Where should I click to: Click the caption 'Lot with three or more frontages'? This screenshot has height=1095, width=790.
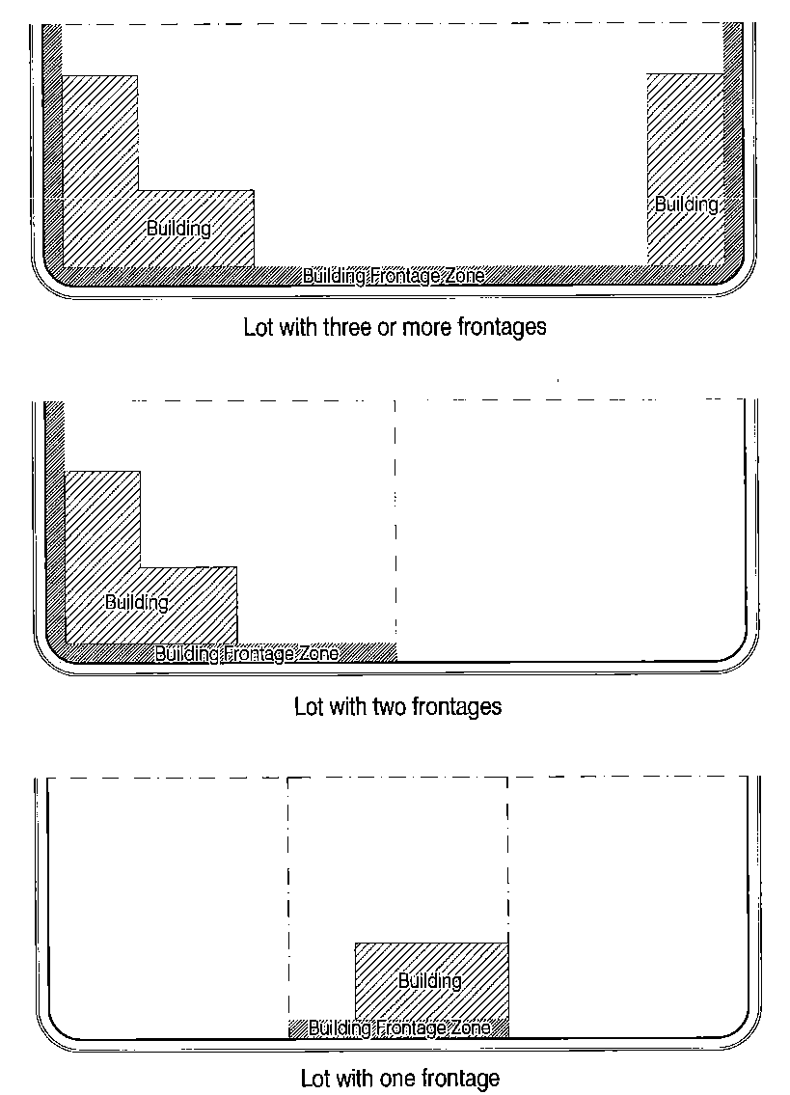tap(395, 327)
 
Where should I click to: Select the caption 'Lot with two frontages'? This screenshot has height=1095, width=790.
tap(397, 706)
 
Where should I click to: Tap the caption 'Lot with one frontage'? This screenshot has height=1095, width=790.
tap(400, 1077)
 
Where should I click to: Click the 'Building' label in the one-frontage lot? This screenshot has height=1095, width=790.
tap(429, 981)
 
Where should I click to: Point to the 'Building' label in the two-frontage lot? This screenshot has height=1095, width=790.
tap(137, 603)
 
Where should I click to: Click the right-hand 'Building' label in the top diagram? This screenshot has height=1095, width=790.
tap(687, 205)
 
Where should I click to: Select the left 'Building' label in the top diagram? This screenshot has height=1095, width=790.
tap(178, 229)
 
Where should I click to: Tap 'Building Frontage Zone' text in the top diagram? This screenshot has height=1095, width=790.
tap(394, 277)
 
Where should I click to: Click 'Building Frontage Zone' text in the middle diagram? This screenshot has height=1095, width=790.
tap(247, 654)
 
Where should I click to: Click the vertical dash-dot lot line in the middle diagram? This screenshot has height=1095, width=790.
tap(395, 531)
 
